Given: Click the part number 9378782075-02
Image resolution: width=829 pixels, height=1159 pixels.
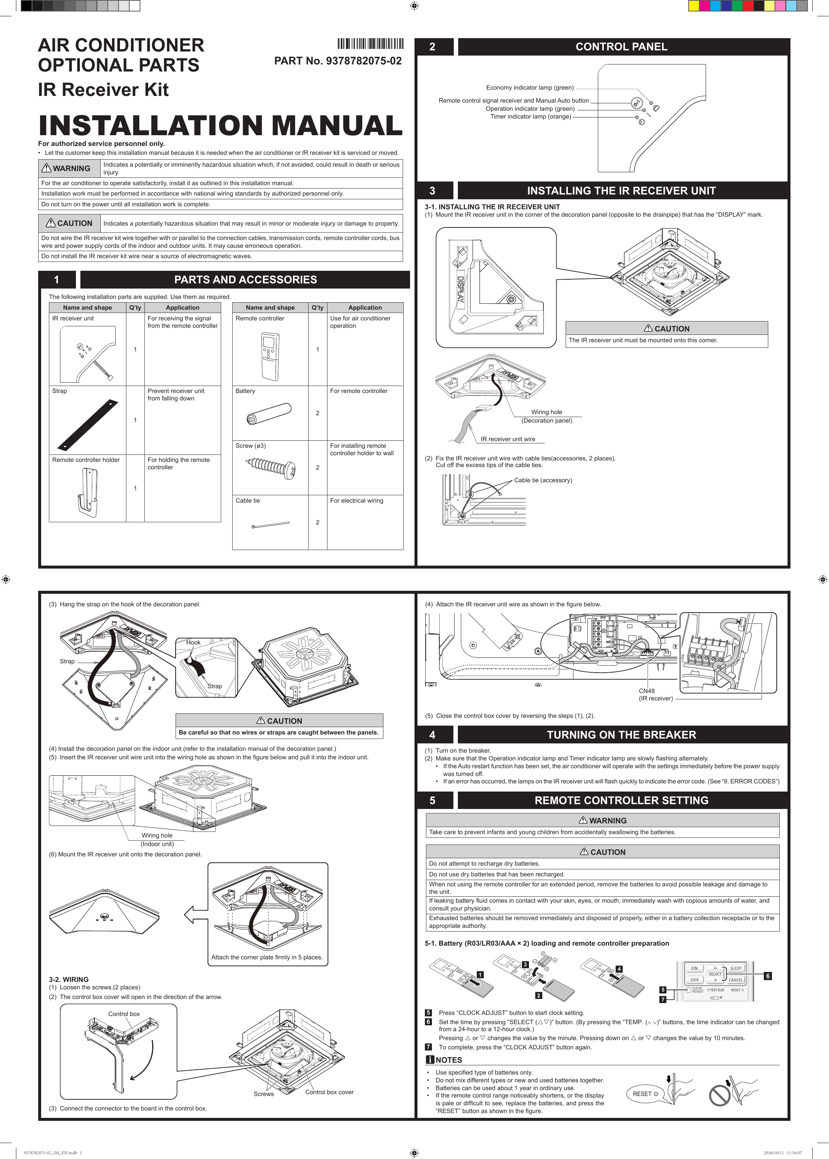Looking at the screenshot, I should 363,61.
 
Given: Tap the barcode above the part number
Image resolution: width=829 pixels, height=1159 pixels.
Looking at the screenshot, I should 370,43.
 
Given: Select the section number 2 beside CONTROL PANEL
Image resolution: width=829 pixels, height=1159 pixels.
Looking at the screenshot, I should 432,47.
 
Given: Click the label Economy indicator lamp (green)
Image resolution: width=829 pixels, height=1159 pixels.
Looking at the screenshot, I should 529,88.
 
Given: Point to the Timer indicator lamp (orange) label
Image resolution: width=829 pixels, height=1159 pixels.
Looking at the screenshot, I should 530,116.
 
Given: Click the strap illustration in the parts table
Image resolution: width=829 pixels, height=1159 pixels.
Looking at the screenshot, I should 88,424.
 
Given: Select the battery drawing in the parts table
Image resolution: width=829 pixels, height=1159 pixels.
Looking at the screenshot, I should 269,413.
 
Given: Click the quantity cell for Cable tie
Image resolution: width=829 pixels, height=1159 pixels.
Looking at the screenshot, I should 317,522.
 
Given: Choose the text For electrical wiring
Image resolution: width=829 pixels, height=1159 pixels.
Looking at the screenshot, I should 356,501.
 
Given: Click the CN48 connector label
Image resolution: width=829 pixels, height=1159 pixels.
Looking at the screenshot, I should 646,691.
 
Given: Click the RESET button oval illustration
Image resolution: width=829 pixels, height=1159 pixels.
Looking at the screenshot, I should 645,1094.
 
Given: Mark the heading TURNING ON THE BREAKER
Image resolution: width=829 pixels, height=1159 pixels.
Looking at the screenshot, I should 621,735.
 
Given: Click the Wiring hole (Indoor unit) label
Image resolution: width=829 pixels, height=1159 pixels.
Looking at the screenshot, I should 157,839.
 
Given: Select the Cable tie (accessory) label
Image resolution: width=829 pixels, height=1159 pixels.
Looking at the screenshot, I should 543,480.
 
